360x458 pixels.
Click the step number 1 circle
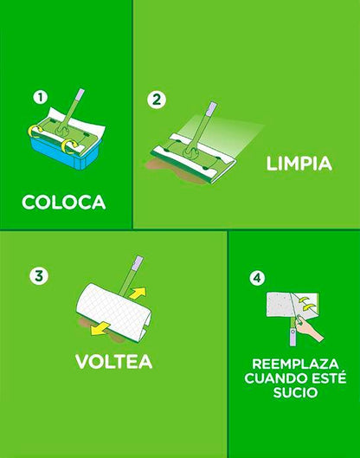41,97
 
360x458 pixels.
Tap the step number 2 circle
157,100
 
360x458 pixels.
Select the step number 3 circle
39,275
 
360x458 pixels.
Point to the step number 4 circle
257,278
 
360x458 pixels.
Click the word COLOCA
64,202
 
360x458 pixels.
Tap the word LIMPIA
299,164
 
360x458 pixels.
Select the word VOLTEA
114,362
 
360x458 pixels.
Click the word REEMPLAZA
295,364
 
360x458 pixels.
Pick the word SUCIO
295,392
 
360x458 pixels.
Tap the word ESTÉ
327,377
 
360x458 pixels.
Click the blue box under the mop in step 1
65,154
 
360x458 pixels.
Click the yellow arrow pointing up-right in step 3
138,293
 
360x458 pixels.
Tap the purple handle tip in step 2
212,108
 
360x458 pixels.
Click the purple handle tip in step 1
79,95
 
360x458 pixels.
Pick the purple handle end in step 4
292,337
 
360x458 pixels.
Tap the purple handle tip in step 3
138,262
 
